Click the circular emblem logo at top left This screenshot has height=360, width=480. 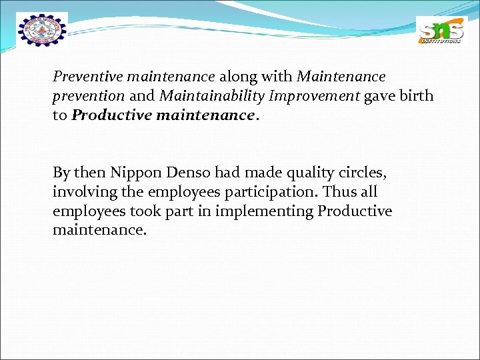point(42,31)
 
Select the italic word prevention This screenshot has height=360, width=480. point(89,96)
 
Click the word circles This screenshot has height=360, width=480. point(362,173)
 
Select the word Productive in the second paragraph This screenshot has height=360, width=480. point(355,212)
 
